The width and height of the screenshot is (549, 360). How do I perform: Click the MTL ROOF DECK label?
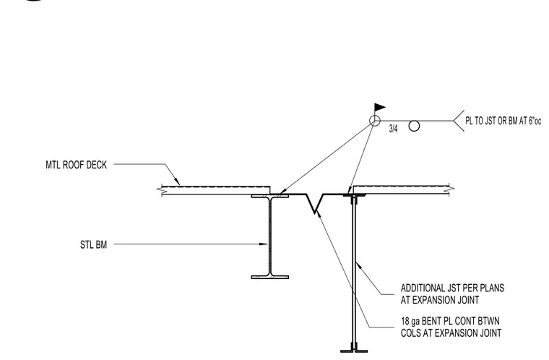pos(76,165)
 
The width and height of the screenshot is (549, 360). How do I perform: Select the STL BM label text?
pos(93,244)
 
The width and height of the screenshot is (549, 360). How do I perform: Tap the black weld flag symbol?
pos(380,107)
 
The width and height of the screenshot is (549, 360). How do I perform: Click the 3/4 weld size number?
pos(393,129)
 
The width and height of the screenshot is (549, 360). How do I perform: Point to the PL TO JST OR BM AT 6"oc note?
pos(503,121)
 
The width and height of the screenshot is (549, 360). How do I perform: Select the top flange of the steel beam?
pos(270,196)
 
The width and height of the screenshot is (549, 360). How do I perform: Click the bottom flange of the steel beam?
pos(270,277)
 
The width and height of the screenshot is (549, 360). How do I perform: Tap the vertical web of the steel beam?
pos(270,236)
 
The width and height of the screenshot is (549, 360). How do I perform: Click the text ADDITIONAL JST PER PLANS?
pos(452,288)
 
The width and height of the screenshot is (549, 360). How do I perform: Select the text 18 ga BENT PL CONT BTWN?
pos(450,321)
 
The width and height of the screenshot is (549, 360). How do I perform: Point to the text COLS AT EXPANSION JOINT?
pos(451,333)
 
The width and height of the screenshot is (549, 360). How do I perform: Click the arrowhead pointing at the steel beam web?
pos(264,244)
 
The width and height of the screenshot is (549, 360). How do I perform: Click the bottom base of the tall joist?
pos(354,350)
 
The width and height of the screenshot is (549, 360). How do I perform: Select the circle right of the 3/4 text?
pos(414,127)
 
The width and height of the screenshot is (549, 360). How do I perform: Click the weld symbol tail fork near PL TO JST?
pos(459,121)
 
